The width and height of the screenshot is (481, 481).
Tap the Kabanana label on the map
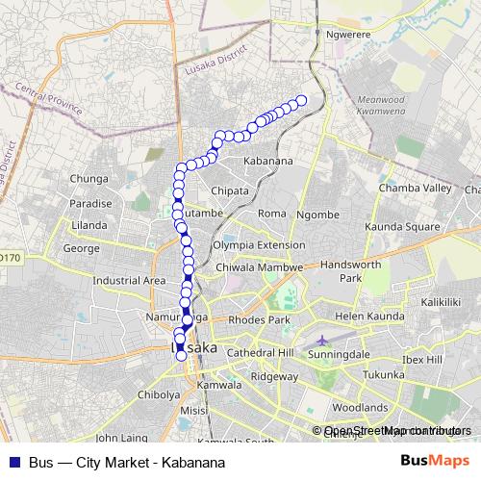click(268, 161)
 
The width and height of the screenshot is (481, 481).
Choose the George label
click(81, 247)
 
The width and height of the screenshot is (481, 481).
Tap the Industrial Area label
click(129, 281)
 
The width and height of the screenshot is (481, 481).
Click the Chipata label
click(230, 190)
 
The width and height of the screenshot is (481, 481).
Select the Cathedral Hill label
click(259, 353)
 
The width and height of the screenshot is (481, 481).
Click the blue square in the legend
click(13, 461)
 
